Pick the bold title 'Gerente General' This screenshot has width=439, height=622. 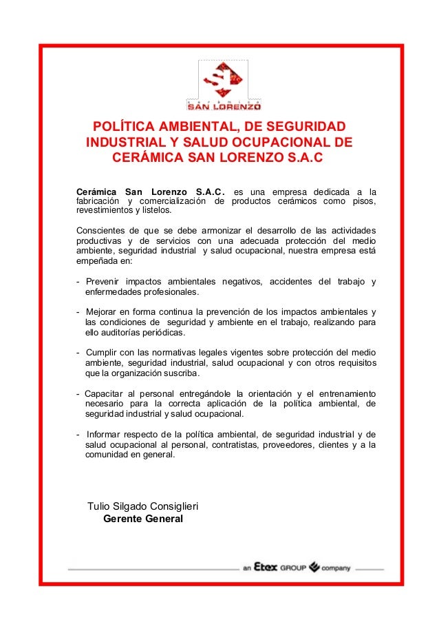(142, 518)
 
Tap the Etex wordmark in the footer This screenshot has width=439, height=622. (266, 568)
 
